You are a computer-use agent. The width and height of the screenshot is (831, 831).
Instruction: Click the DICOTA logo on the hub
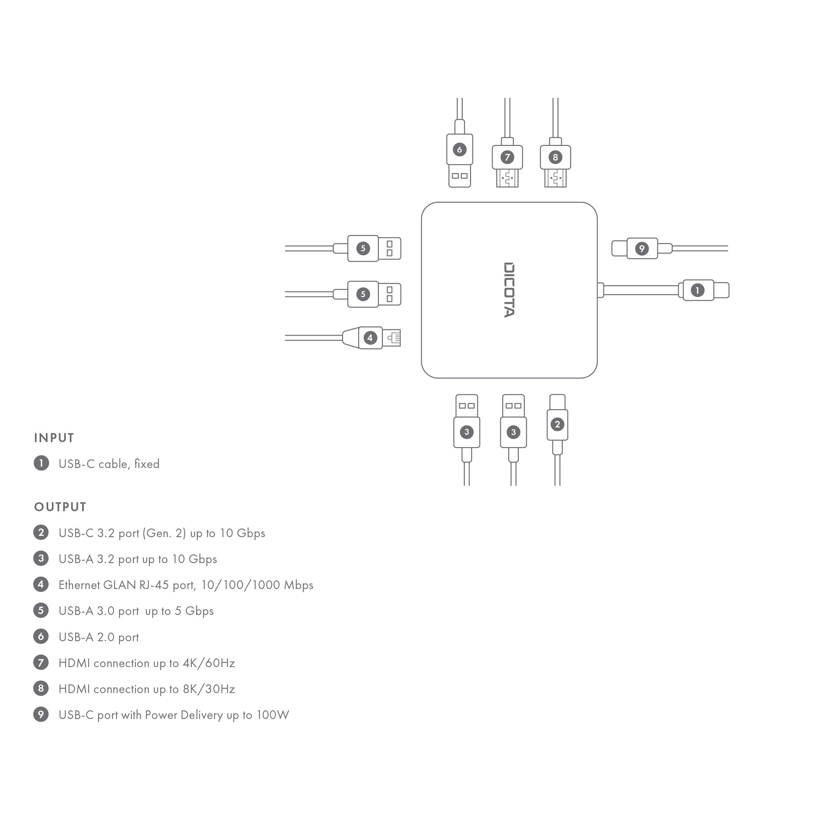(x=509, y=290)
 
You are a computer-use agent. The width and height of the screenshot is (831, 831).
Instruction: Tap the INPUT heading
(x=54, y=438)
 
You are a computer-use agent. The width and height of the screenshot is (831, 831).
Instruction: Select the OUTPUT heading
(x=60, y=507)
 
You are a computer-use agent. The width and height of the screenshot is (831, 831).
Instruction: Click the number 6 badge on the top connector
(x=459, y=150)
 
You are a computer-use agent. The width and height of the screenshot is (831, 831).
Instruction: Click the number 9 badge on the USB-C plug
(x=642, y=249)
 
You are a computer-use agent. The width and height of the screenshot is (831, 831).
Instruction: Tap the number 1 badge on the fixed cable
(x=697, y=290)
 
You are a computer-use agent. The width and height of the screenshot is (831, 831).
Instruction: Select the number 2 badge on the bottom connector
(x=557, y=424)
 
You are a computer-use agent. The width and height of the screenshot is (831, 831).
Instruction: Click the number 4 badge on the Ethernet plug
(x=370, y=338)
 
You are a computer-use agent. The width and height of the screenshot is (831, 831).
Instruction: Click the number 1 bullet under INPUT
(x=41, y=463)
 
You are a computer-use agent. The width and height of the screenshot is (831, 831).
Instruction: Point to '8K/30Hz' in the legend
(x=209, y=689)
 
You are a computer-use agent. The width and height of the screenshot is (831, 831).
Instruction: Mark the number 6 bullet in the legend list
(x=41, y=637)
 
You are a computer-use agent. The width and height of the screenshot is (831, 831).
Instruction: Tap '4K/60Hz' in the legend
(x=209, y=663)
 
